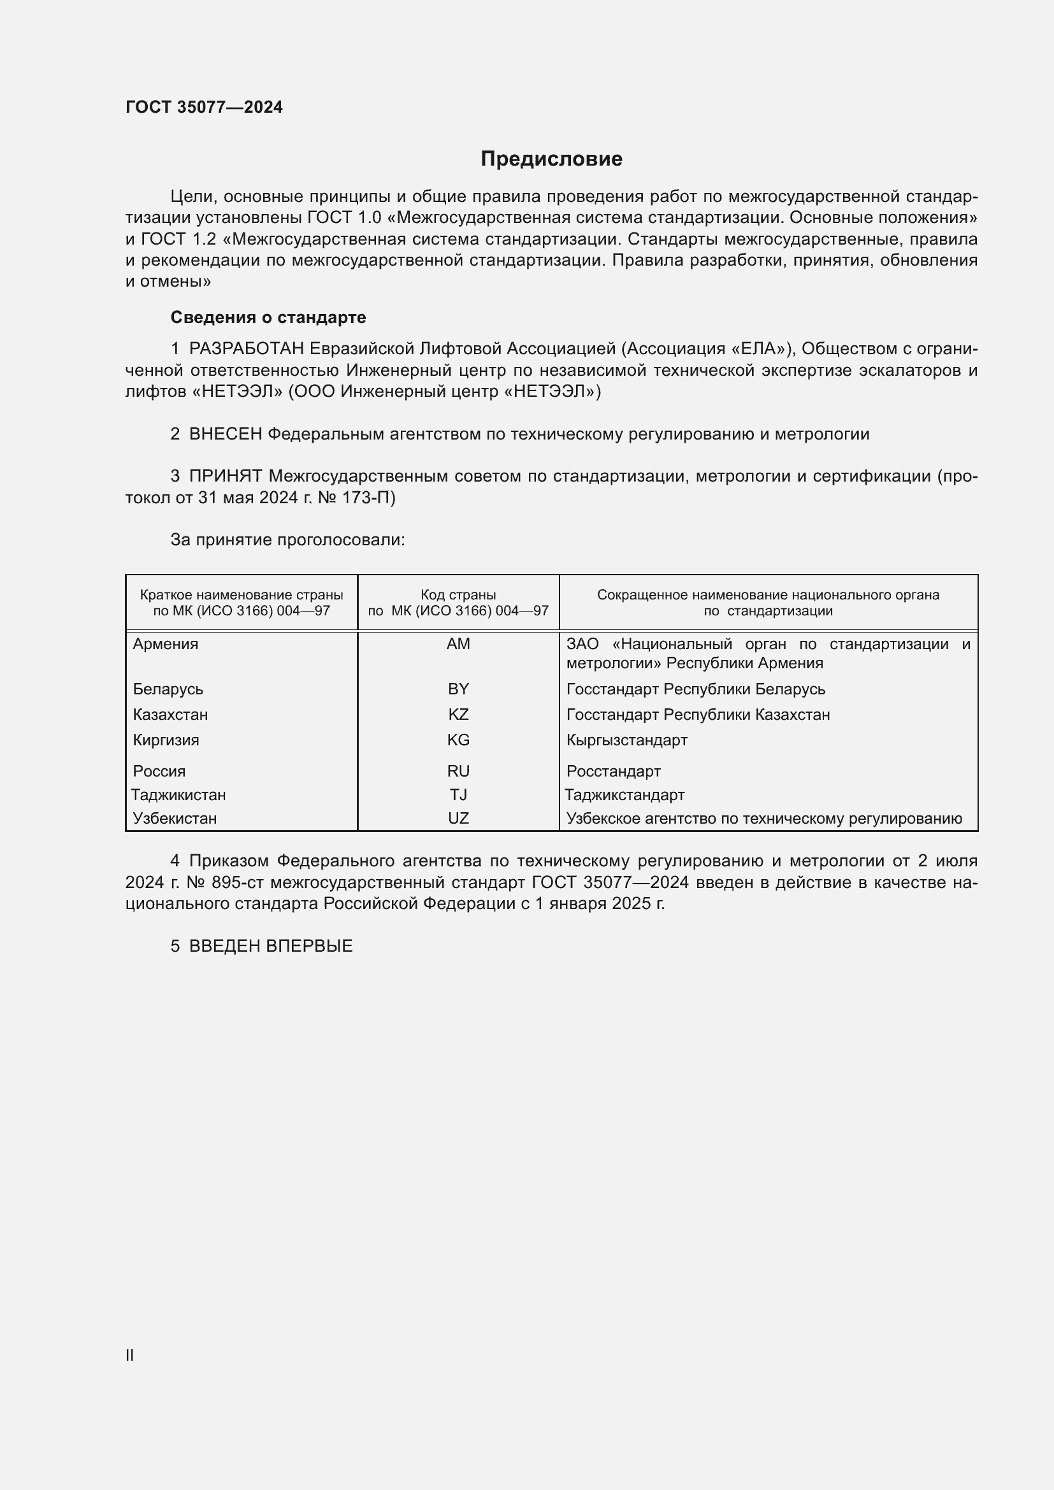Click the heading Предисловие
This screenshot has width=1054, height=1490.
pos(551,159)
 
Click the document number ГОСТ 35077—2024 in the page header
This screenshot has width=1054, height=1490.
pos(204,107)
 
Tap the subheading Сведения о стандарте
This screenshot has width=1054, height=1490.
pos(268,317)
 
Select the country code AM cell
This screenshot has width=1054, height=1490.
pos(458,644)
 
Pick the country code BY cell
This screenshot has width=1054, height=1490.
pos(458,689)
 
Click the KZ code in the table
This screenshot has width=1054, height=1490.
pos(458,715)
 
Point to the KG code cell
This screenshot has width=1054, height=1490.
pos(458,740)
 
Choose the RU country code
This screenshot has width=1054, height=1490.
pos(458,771)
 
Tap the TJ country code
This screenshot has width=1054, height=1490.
pos(458,794)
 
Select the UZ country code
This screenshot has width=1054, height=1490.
pos(458,819)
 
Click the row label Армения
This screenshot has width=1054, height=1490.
pos(166,644)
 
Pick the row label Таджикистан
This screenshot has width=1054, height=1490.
pos(178,794)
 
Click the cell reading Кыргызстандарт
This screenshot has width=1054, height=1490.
pos(626,740)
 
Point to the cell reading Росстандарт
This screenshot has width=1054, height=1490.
pos(613,771)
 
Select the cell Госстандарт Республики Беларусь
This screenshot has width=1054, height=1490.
pos(695,689)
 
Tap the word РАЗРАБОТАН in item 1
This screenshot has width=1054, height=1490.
pos(246,349)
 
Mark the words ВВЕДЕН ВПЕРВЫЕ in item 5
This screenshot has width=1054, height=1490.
pos(271,945)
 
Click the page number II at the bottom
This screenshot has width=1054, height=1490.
pos(130,1355)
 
